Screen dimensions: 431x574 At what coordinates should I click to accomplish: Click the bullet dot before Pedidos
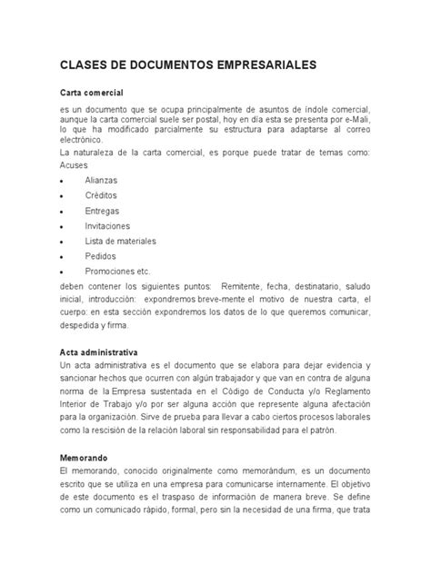click(x=61, y=257)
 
